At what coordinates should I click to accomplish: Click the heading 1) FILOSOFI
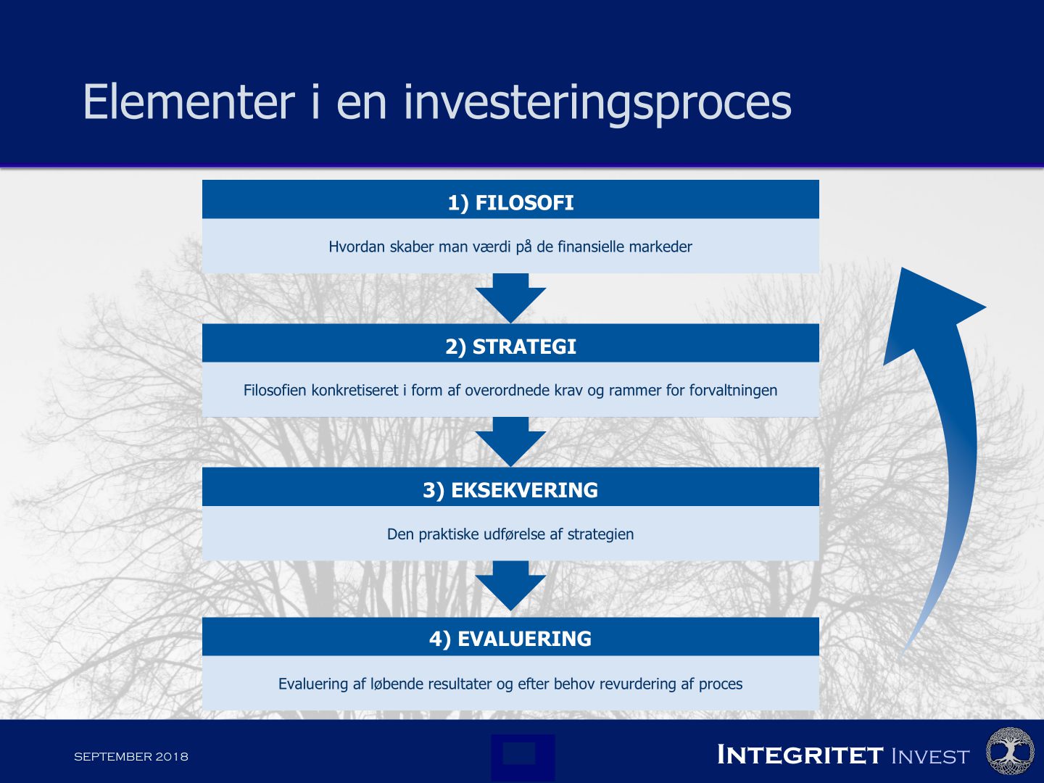pyautogui.click(x=510, y=202)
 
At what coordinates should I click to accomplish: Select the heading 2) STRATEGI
pyautogui.click(x=510, y=347)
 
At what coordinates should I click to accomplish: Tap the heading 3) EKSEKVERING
pyautogui.click(x=510, y=490)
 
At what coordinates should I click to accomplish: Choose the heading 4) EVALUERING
pyautogui.click(x=510, y=639)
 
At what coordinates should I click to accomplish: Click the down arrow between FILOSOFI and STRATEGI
pyautogui.click(x=510, y=297)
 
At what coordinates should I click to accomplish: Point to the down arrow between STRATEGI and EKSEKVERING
pyautogui.click(x=510, y=441)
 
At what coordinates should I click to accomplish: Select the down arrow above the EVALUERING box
pyautogui.click(x=510, y=585)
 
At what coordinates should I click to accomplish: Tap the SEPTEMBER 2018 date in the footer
pyautogui.click(x=131, y=756)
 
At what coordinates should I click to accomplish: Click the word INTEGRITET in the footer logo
pyautogui.click(x=800, y=755)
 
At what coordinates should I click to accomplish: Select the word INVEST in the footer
pyautogui.click(x=929, y=756)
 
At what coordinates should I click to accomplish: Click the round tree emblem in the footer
pyautogui.click(x=1010, y=752)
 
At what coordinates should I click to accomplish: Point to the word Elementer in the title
pyautogui.click(x=188, y=101)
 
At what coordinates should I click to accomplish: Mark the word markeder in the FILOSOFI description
pyautogui.click(x=660, y=246)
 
